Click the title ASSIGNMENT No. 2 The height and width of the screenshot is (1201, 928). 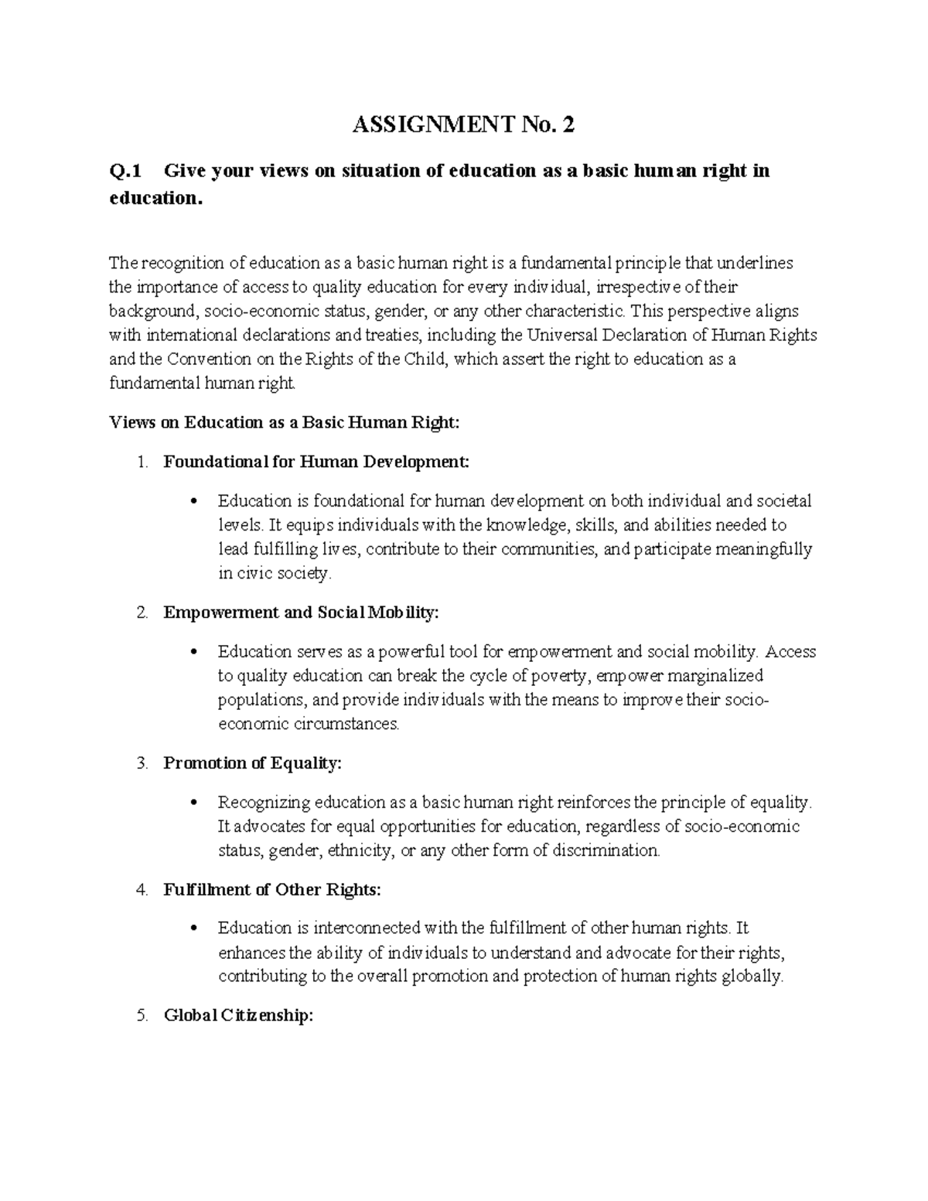click(463, 125)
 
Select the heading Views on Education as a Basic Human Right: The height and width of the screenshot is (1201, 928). click(284, 422)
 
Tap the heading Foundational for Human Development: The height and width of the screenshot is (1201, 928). click(316, 462)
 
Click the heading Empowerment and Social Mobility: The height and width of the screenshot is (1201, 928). click(301, 612)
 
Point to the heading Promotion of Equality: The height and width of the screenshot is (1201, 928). click(252, 763)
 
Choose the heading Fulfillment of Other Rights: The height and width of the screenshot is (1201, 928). click(272, 889)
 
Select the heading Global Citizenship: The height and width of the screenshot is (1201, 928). click(238, 1015)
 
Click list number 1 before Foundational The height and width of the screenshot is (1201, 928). click(141, 462)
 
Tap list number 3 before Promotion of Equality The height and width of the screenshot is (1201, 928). click(141, 764)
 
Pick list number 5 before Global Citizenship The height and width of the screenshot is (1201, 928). click(141, 1016)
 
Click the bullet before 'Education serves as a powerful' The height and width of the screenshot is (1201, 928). click(194, 652)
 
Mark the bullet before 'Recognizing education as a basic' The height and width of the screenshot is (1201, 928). click(194, 803)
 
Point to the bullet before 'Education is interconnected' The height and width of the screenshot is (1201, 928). click(194, 928)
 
